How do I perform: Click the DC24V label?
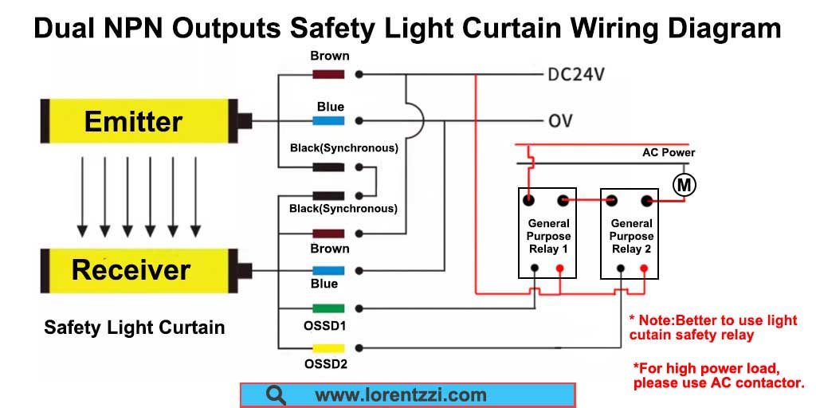[x=577, y=75]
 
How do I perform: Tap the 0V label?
[x=560, y=121]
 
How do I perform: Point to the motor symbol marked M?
[x=685, y=185]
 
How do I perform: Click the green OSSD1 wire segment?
[x=328, y=308]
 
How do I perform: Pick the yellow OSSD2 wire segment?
[x=328, y=348]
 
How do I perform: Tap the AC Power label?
[x=669, y=152]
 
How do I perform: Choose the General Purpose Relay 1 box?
[x=547, y=233]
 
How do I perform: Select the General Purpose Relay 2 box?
[x=630, y=233]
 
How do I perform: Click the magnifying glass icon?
[x=275, y=395]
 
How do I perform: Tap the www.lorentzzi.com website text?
[x=400, y=395]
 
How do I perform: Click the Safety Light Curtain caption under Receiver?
[x=134, y=328]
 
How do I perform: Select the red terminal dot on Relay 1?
[x=559, y=268]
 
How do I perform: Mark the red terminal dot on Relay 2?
[x=644, y=268]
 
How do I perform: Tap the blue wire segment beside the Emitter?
[x=328, y=121]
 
